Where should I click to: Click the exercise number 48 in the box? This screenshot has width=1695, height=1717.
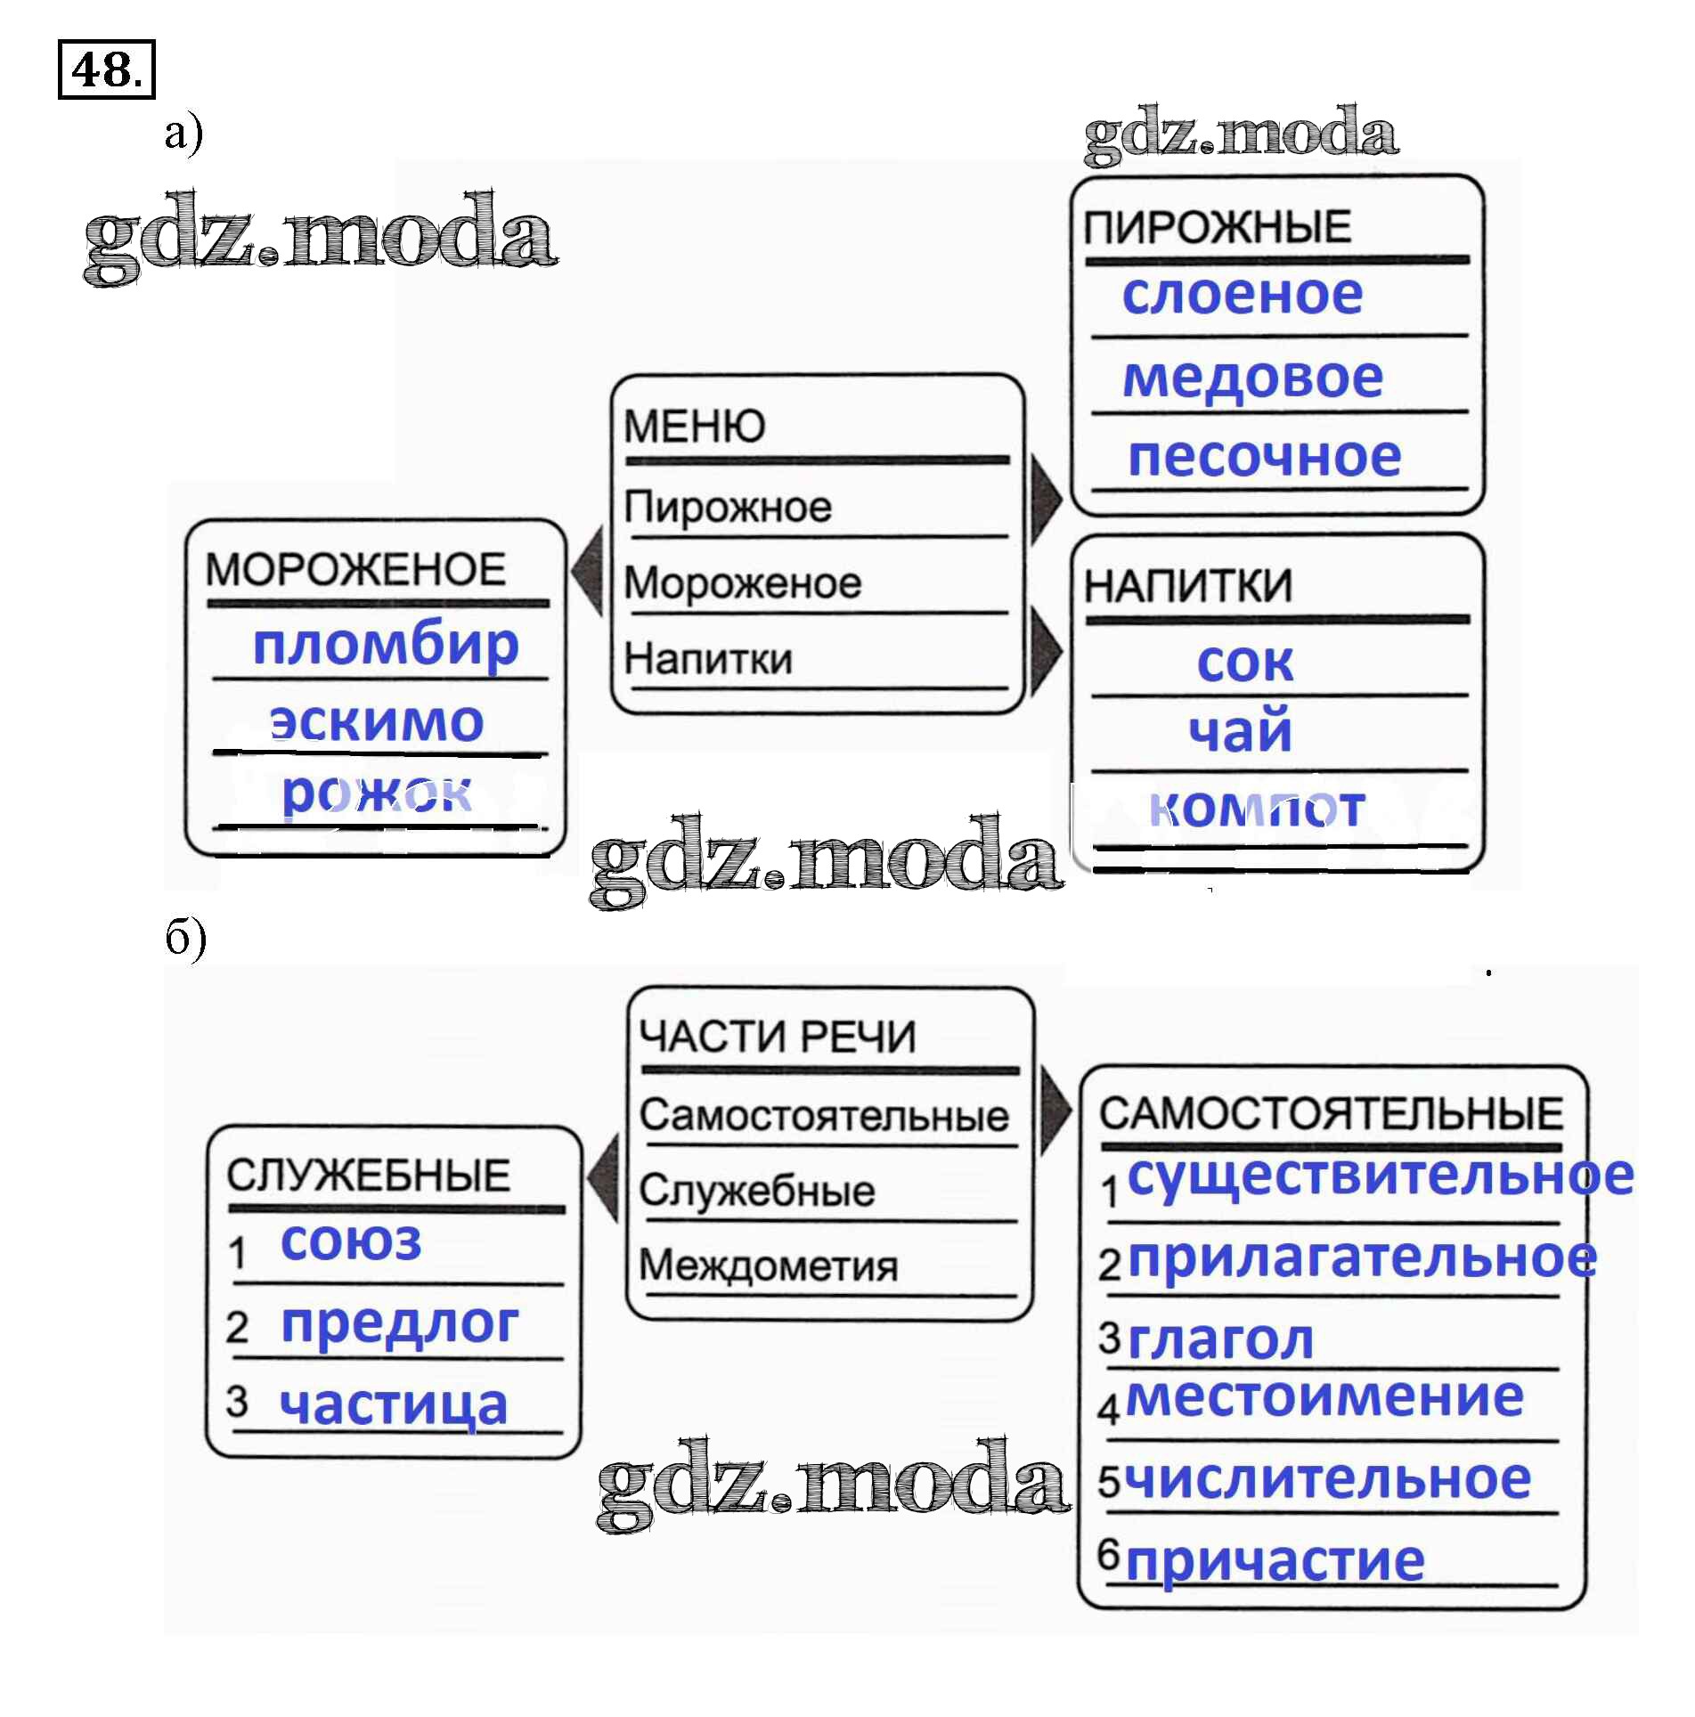[x=105, y=69]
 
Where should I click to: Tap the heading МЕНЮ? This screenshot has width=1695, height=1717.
[x=694, y=426]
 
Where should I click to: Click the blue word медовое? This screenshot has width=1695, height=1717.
[x=1252, y=378]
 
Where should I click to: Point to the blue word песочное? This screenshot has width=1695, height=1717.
[x=1264, y=457]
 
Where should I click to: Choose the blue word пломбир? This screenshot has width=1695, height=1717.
[x=386, y=645]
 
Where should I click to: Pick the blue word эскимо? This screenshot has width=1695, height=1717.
[x=377, y=721]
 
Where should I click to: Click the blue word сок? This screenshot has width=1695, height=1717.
[x=1244, y=663]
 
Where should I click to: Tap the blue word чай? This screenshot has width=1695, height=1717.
[x=1240, y=732]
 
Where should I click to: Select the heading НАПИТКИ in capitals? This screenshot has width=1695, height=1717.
[x=1187, y=586]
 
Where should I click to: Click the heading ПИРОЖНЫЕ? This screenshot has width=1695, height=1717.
[x=1217, y=227]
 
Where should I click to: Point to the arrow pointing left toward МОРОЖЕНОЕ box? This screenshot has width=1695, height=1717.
[x=588, y=570]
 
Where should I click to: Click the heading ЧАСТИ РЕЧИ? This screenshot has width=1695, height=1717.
[x=778, y=1037]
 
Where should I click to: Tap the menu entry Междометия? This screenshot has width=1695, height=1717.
[x=769, y=1265]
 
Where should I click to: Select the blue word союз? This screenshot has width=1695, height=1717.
[x=351, y=1241]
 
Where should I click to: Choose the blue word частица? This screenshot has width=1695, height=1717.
[x=393, y=1405]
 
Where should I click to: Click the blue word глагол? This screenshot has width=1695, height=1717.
[x=1220, y=1339]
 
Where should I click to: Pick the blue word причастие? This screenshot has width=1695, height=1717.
[x=1275, y=1560]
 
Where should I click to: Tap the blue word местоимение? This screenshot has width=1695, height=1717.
[x=1324, y=1396]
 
